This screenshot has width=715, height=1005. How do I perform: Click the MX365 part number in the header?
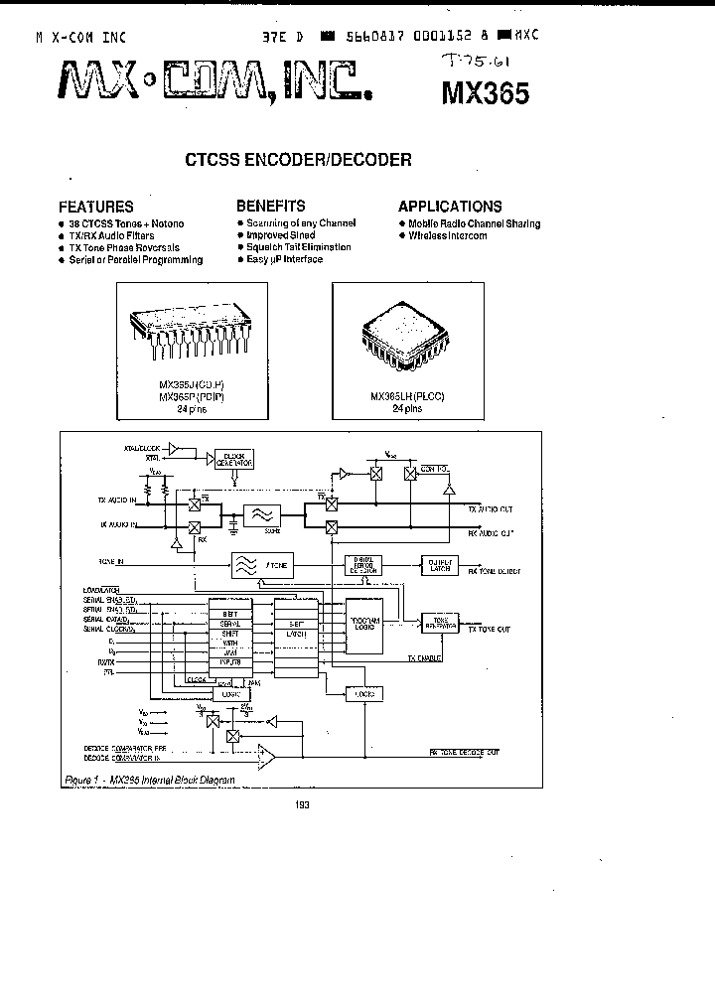click(486, 92)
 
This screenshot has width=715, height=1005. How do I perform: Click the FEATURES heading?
click(95, 207)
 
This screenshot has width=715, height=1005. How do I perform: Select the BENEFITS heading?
click(270, 206)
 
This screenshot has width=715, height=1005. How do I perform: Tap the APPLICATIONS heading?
click(450, 207)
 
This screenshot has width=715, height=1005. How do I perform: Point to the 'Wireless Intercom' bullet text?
click(448, 236)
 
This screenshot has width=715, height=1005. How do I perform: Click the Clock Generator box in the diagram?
click(234, 458)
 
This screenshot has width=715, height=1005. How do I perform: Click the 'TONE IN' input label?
click(112, 562)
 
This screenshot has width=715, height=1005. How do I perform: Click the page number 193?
click(303, 805)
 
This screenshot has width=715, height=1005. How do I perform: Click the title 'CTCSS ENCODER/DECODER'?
click(299, 159)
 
